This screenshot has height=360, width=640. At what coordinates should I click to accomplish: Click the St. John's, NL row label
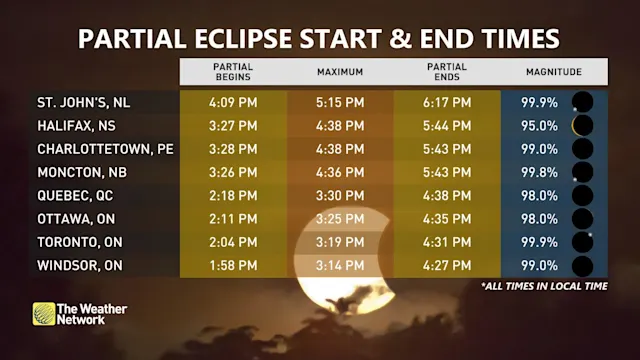click(83, 102)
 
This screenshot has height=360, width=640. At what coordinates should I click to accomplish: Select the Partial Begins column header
click(233, 72)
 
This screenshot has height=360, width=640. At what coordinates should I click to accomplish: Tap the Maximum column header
click(340, 72)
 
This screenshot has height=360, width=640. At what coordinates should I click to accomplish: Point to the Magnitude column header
click(554, 72)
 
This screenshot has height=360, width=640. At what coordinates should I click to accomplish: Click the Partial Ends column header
click(447, 72)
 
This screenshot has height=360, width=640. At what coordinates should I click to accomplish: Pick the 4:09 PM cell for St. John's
click(233, 102)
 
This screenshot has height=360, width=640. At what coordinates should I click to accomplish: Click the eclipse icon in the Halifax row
click(581, 125)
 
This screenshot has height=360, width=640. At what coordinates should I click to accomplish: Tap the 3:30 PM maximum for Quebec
click(340, 195)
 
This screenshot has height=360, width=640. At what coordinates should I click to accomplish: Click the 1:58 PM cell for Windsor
click(233, 265)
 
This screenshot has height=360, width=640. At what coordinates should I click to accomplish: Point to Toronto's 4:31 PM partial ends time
click(447, 242)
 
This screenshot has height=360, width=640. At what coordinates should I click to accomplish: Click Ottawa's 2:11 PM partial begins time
click(233, 219)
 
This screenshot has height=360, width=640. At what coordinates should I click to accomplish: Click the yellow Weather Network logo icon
click(44, 314)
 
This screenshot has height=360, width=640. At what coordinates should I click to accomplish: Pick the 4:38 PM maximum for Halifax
click(340, 125)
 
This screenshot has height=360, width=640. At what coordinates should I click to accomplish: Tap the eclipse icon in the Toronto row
click(581, 242)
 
